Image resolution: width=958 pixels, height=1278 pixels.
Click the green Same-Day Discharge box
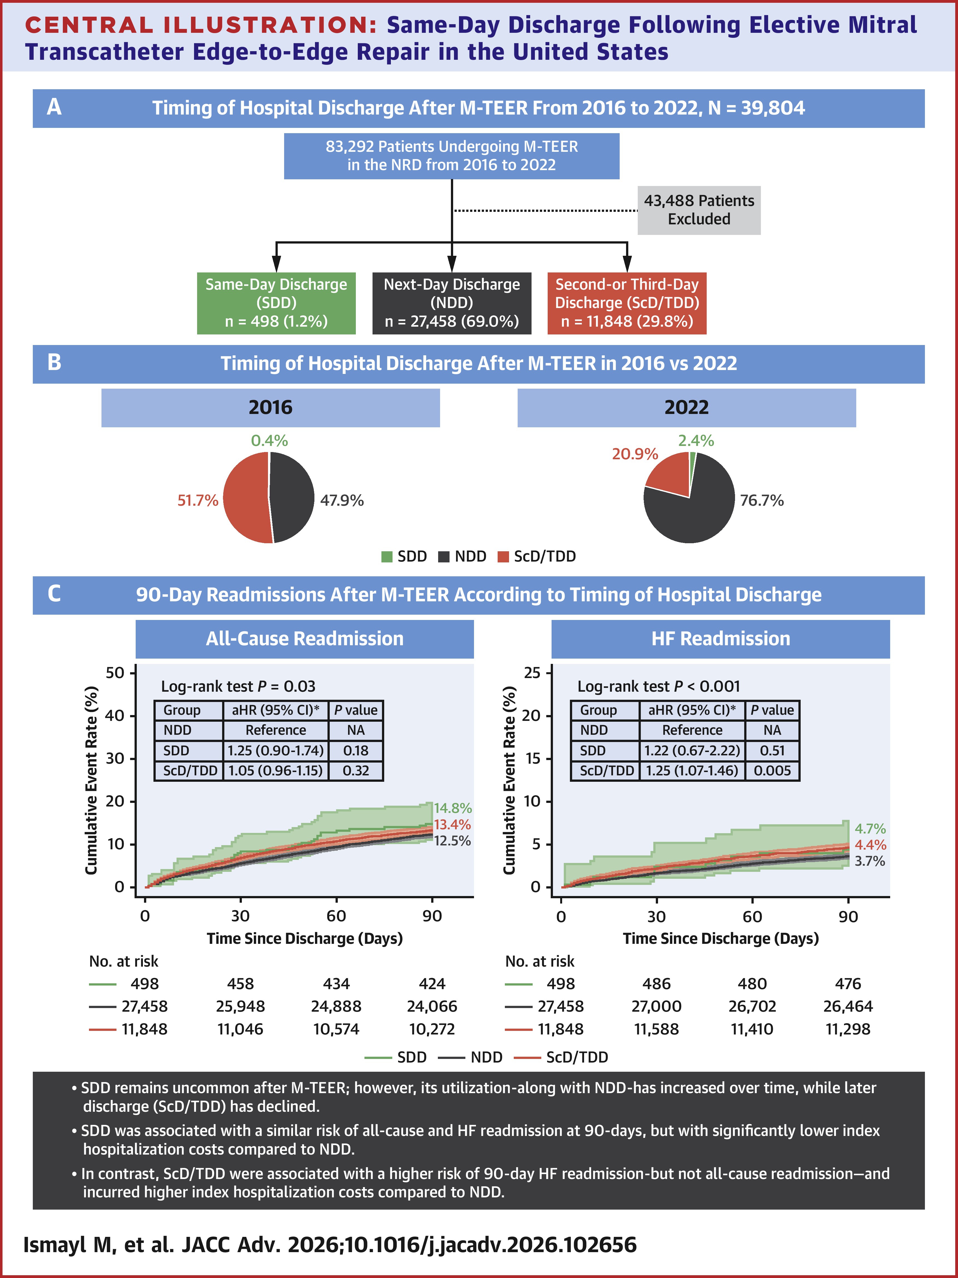point(276,303)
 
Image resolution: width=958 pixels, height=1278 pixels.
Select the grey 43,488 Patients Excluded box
point(699,210)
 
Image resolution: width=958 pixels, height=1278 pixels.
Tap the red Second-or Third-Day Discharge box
point(627,303)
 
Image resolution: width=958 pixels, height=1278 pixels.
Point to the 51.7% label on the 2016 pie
point(198,500)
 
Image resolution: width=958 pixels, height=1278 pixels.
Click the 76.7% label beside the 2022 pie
point(761,500)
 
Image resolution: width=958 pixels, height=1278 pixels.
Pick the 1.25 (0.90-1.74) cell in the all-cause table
point(276,751)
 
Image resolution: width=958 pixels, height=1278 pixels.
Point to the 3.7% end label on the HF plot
point(870,861)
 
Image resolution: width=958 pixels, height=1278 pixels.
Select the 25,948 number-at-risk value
point(240,1006)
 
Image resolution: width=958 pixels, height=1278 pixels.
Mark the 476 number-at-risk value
point(848,983)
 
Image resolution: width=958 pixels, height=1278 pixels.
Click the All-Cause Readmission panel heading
point(304,638)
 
